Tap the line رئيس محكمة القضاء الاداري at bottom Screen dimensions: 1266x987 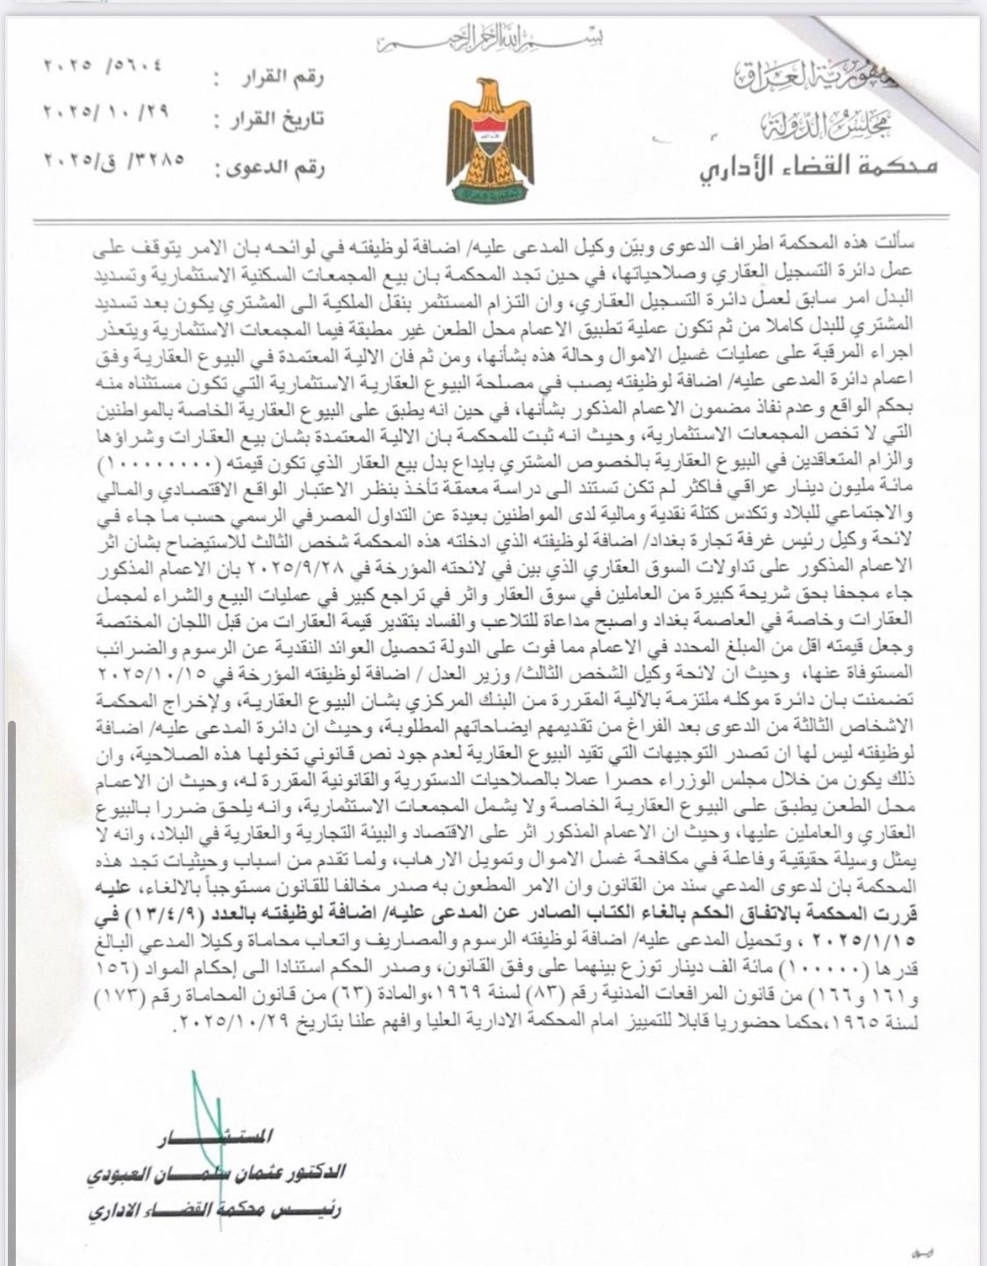pyautogui.click(x=214, y=1210)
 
